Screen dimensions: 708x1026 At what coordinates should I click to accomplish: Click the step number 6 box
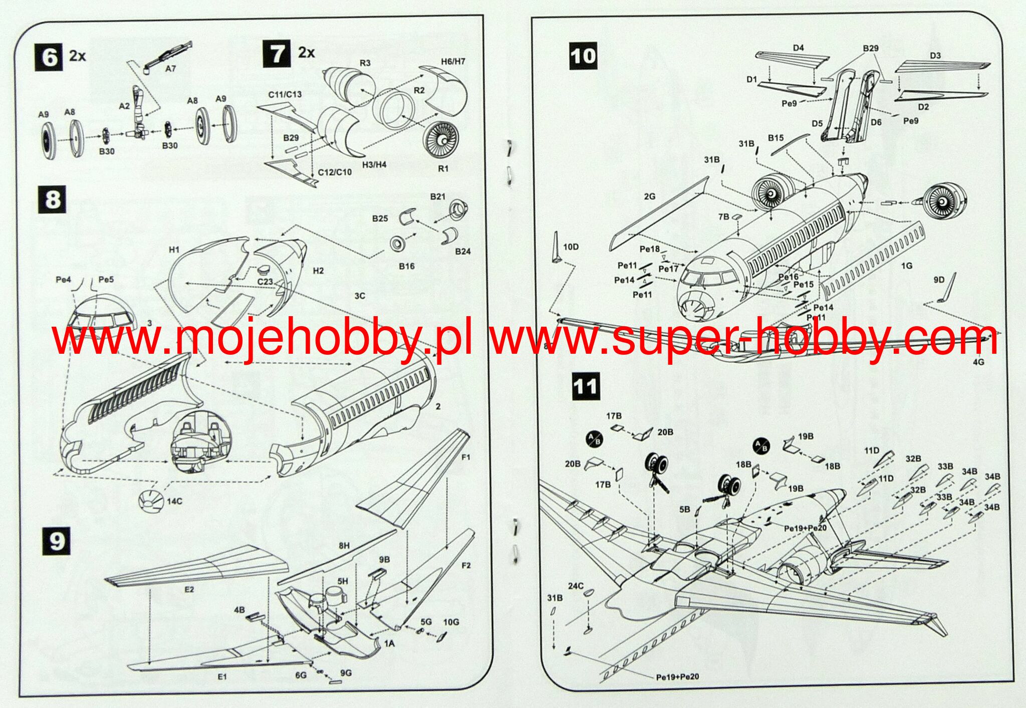49,57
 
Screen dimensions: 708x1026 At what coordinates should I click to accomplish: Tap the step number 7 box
277,54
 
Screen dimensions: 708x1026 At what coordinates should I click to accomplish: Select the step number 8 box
52,199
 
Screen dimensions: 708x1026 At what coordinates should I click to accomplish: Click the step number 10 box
583,56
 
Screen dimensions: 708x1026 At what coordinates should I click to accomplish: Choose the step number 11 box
585,386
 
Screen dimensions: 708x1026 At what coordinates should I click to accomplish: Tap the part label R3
365,63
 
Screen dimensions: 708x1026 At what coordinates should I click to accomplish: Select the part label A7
171,69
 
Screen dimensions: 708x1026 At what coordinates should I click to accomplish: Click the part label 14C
174,501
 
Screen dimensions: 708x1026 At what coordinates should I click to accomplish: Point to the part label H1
174,250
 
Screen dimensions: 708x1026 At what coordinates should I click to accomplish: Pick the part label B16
406,266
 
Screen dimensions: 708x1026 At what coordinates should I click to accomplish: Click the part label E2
189,589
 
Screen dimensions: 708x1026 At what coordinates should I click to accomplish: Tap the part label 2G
649,197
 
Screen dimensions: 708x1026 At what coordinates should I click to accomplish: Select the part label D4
798,48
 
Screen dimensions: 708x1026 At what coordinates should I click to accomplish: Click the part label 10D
571,247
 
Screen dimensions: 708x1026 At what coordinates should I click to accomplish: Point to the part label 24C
576,586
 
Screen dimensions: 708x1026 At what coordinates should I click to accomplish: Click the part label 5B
684,510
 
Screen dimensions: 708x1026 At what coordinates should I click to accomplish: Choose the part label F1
465,457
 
